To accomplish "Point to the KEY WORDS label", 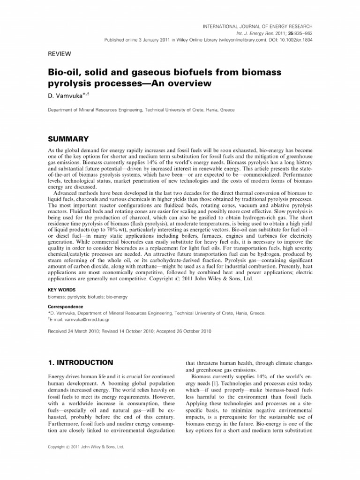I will coord(62,290).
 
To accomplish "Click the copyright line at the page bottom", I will coord(86,448).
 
